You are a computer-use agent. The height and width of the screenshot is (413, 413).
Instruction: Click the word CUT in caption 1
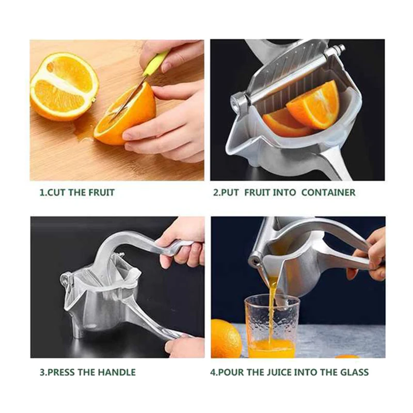(57, 193)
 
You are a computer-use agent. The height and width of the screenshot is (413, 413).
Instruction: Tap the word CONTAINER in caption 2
(328, 193)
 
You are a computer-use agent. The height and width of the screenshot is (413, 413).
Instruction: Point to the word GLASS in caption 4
(355, 372)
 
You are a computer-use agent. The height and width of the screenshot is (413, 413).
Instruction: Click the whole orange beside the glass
(225, 338)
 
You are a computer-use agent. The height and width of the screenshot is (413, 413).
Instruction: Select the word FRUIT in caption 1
(99, 193)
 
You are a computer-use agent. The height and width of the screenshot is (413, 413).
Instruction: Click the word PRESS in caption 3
(60, 372)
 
